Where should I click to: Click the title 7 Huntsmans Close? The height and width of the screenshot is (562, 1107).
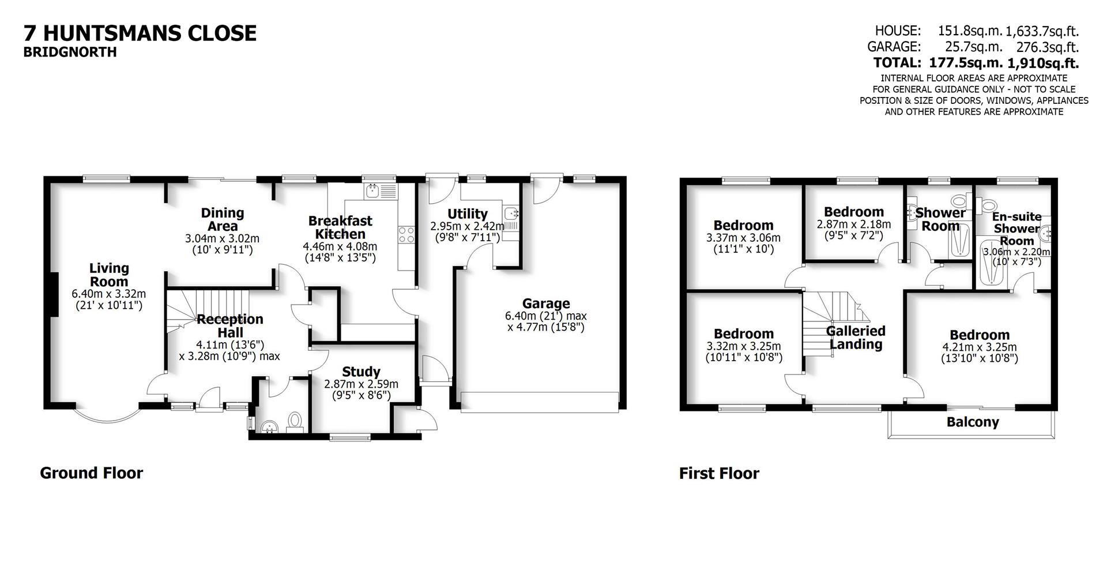click(140, 33)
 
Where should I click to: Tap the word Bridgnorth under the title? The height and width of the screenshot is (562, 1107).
click(70, 52)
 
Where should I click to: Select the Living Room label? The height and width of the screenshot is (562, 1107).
click(108, 275)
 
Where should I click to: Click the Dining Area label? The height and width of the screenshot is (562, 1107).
click(222, 219)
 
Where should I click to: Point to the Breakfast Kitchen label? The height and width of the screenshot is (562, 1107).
click(340, 227)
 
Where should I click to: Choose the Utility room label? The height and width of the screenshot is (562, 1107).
click(467, 214)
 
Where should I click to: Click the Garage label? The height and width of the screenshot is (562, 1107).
click(545, 303)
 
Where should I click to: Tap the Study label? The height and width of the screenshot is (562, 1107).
click(361, 372)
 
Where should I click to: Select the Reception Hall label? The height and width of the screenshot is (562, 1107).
click(229, 326)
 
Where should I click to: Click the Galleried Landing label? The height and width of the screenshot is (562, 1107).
click(856, 338)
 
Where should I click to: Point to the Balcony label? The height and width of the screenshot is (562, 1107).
click(972, 422)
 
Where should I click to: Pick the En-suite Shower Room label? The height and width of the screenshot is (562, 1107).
click(1016, 228)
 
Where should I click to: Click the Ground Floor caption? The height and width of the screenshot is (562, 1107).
click(91, 473)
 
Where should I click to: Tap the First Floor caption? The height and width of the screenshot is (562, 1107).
click(719, 474)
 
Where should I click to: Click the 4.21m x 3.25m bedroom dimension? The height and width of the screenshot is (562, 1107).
click(979, 347)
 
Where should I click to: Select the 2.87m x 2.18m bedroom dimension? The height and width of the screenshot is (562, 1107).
click(853, 224)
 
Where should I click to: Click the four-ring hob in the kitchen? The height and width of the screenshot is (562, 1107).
click(406, 234)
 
